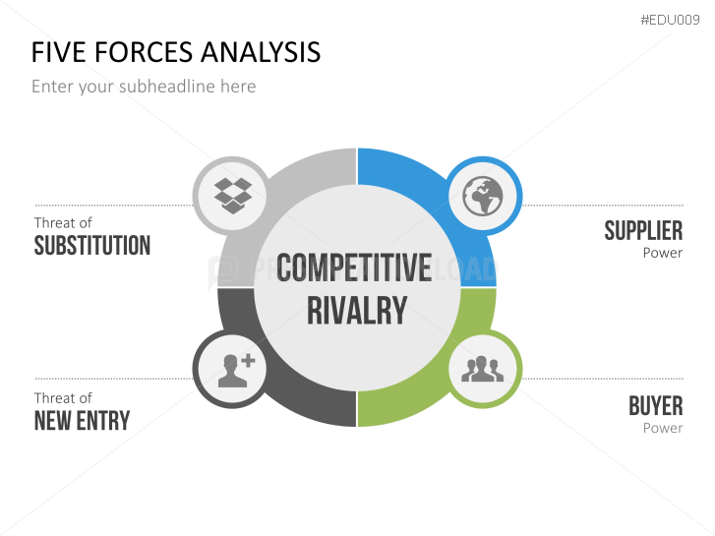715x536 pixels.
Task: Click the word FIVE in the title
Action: click(x=55, y=52)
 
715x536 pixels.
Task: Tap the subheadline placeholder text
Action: click(x=144, y=87)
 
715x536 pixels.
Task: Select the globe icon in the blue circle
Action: click(x=483, y=196)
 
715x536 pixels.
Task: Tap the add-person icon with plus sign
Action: click(x=234, y=369)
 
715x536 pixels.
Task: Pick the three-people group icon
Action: click(x=483, y=369)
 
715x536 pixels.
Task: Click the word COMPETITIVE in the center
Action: click(x=354, y=268)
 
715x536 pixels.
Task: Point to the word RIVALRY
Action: click(x=356, y=310)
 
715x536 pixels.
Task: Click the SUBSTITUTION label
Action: click(x=92, y=246)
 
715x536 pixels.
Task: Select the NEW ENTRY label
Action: click(x=82, y=421)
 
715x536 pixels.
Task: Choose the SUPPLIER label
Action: click(x=643, y=231)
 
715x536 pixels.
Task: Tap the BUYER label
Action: click(x=655, y=405)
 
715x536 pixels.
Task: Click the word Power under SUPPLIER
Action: click(x=662, y=253)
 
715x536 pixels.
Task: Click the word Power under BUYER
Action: click(x=662, y=428)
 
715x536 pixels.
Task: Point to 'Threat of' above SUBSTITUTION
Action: click(x=63, y=223)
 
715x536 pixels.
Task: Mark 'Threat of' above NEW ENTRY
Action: click(x=63, y=398)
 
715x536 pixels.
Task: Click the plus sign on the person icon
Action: click(x=248, y=361)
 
